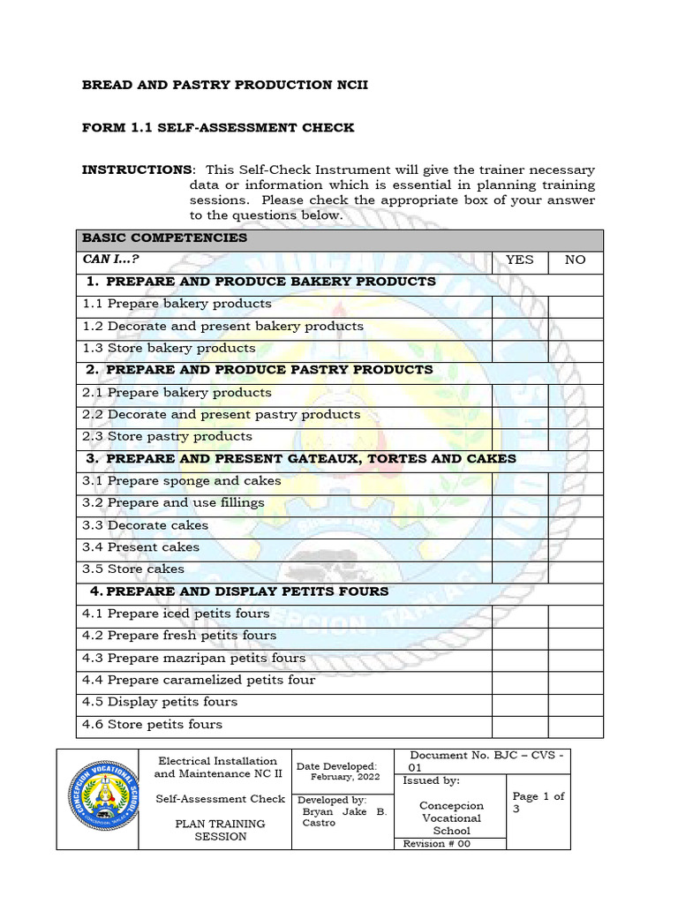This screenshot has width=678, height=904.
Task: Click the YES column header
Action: [519, 260]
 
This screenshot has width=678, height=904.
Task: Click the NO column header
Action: [575, 260]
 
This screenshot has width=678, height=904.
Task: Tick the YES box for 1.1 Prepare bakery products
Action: [519, 305]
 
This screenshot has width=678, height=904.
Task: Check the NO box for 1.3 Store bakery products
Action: [575, 349]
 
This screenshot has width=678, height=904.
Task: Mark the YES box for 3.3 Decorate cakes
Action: [519, 526]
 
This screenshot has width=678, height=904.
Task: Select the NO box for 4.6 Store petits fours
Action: [575, 726]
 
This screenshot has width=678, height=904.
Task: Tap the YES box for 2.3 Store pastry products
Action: [519, 437]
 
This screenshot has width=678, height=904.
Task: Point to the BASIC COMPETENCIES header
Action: [164, 238]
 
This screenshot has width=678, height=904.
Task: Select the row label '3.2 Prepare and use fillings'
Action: [173, 503]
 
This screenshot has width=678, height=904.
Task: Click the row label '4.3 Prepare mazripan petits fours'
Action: [193, 659]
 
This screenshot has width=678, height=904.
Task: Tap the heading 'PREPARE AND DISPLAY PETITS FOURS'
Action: [247, 591]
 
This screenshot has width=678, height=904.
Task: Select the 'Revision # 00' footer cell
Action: [437, 844]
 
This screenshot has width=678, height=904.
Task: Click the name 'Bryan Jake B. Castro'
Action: [343, 817]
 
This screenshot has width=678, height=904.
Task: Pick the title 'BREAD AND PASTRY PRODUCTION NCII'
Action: [224, 86]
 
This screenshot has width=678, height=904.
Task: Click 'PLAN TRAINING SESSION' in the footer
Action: [220, 830]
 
